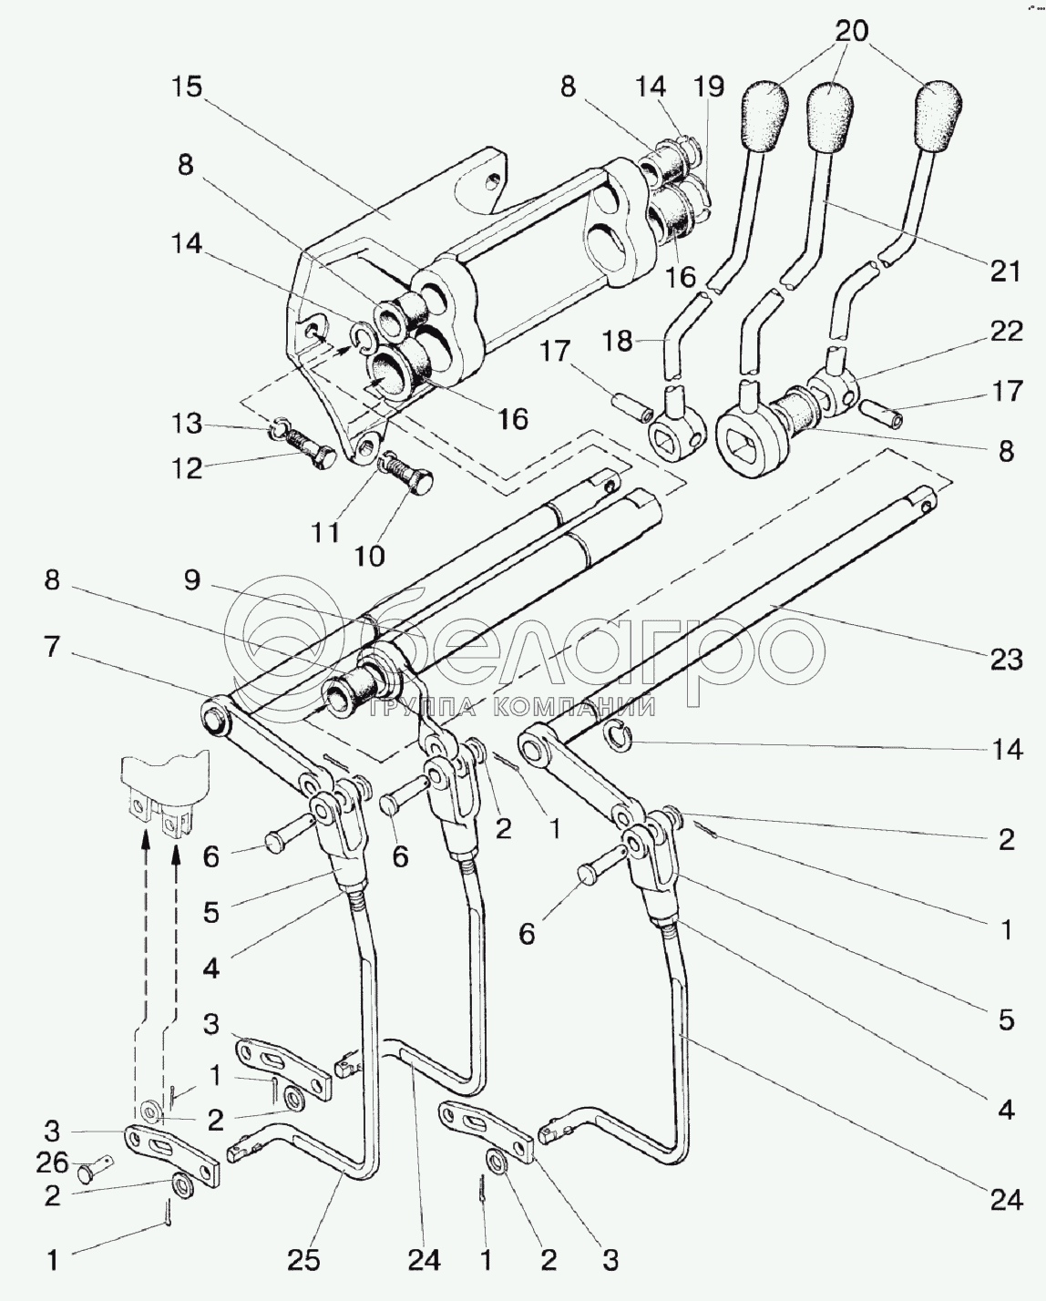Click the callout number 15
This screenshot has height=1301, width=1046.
pyautogui.click(x=189, y=87)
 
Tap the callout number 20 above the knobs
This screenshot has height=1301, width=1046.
pyautogui.click(x=853, y=30)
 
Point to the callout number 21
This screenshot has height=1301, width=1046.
pyautogui.click(x=1006, y=271)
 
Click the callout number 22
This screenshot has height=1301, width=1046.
pyautogui.click(x=1006, y=330)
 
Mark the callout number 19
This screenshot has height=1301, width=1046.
pyautogui.click(x=708, y=87)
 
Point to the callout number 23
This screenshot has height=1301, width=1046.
pyautogui.click(x=1006, y=658)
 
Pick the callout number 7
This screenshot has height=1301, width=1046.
pyautogui.click(x=52, y=649)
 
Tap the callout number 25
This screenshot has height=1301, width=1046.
pyautogui.click(x=304, y=1260)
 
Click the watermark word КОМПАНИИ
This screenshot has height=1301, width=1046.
pyautogui.click(x=575, y=706)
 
